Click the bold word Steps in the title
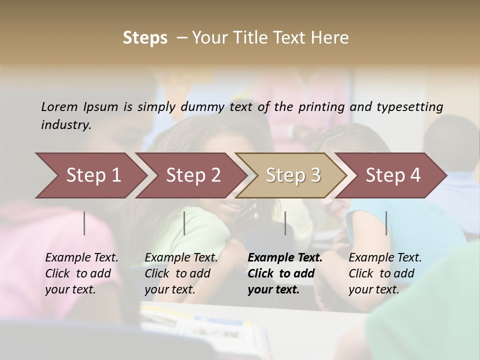coord(145,38)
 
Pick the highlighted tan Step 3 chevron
coord(293,175)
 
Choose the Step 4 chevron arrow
coord(393,175)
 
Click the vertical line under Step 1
coord(84,223)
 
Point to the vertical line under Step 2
coord(184,223)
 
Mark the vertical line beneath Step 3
coord(285,223)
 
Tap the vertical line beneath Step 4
coord(386,223)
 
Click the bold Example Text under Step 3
coord(285,258)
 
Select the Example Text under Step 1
coord(81,258)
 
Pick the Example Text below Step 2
coord(181,258)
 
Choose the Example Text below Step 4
coord(385,258)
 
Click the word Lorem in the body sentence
coord(59,106)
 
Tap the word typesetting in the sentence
coord(409,107)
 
